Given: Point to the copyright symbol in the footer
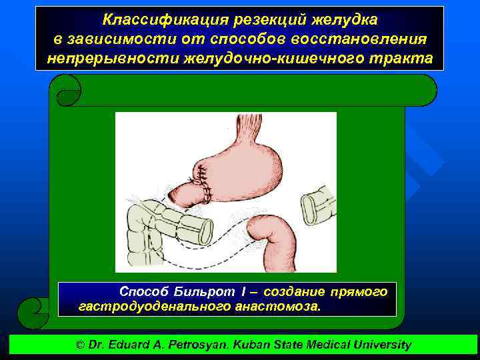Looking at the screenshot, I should [81, 345].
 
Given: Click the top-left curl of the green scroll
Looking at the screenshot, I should [66, 89].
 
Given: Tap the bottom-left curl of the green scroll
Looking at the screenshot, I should [33, 312].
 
